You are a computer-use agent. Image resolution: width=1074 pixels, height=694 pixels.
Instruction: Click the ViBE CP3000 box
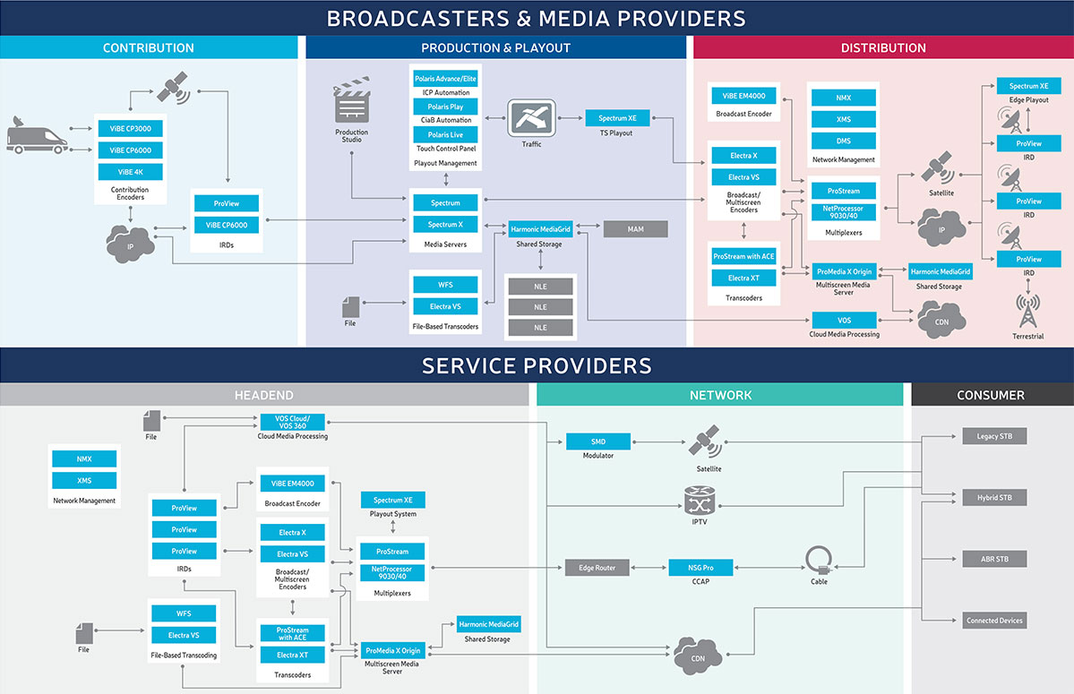click(x=130, y=129)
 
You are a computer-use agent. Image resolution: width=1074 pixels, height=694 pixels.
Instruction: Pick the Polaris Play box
click(x=445, y=107)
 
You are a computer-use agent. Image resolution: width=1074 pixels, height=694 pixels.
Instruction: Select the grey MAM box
click(x=635, y=230)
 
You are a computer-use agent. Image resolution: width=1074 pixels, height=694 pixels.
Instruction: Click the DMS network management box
click(x=843, y=141)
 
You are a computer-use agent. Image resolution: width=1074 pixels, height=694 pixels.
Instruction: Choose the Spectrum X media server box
click(x=445, y=225)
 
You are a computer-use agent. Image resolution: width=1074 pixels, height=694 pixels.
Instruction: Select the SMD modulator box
click(x=597, y=441)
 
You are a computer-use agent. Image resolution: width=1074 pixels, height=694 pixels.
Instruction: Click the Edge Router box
click(x=597, y=568)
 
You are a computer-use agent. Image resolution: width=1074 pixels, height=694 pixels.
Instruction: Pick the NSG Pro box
click(x=701, y=568)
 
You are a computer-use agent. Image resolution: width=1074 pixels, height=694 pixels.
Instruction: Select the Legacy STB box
click(x=993, y=437)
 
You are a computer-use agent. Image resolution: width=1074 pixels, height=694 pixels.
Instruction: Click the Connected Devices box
click(x=993, y=621)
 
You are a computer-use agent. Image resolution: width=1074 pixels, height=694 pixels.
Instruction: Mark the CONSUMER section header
click(x=991, y=395)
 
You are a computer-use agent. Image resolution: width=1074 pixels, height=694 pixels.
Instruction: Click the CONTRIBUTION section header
click(x=148, y=47)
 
